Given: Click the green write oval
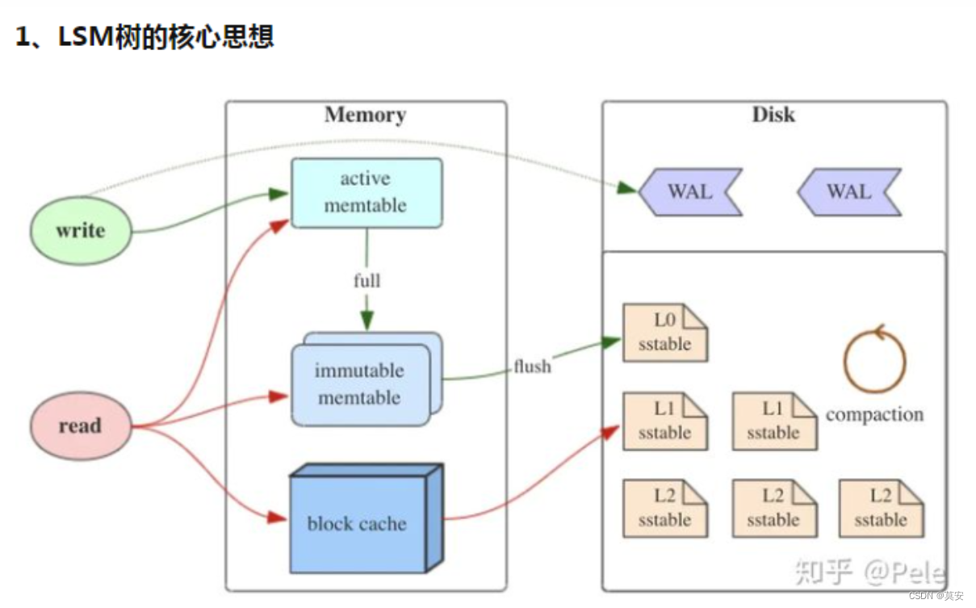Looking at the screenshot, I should pos(80,230).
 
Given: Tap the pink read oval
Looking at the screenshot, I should pos(79,426).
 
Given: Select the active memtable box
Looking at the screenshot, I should pos(366,192).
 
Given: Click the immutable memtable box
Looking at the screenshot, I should pos(360,384).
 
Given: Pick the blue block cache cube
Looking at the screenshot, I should pos(357,521).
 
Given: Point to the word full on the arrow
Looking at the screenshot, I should pos(367,281).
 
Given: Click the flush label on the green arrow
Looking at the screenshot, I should pos(532,367).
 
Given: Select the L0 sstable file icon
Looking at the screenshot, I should pos(664,333).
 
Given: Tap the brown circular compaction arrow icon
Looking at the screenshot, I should pos(874,359).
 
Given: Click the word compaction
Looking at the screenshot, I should pos(874,414).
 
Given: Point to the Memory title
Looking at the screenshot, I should pos(365,115).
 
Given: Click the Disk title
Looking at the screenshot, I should pos(773,115).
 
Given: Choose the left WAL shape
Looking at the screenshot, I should pos(689,191).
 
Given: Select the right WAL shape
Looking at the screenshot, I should pos(848,191).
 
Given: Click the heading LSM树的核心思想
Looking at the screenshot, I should pos(145,36).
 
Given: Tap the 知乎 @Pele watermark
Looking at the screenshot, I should pos(869,572).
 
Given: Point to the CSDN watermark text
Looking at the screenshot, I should pos(936,596).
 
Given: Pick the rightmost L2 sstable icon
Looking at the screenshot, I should pos(881,508).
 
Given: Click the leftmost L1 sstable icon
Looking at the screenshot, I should pos(664,421).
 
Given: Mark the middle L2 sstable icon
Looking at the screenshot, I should pos(773,508).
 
